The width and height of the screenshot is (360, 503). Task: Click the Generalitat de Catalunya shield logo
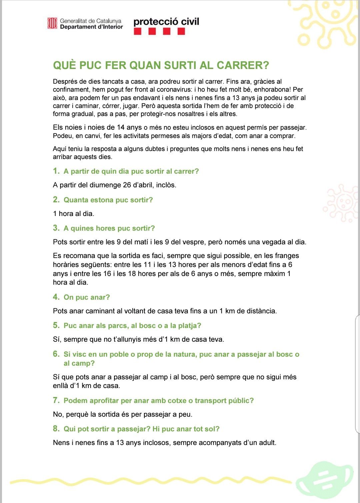coord(52,23)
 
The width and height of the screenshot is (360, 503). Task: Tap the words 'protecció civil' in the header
coord(166,22)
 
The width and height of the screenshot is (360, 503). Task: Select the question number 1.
coord(56,171)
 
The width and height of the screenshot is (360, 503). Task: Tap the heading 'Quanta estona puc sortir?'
coord(108,200)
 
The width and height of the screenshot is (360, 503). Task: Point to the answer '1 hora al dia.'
coord(73,214)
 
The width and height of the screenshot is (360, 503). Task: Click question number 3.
coord(56,228)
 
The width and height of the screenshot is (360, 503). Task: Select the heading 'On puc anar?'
coord(87,297)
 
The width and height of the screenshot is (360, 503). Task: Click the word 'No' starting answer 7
coord(57,415)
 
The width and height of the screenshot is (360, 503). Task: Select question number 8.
coord(56,429)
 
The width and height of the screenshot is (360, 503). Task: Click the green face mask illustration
coord(325,479)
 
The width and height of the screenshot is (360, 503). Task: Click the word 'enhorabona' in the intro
coord(272,90)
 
